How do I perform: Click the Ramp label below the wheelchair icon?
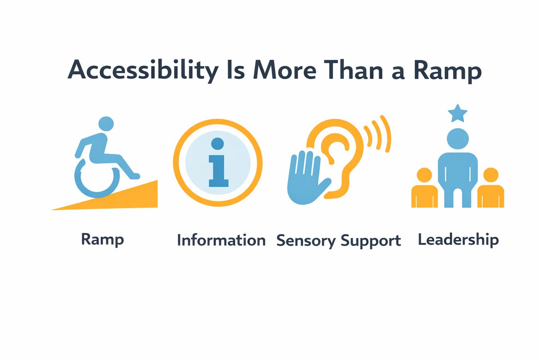(x=103, y=239)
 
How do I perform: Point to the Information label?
(x=221, y=240)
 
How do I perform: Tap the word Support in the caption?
(x=370, y=241)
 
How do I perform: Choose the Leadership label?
(x=458, y=239)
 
